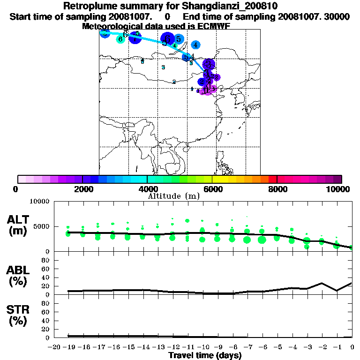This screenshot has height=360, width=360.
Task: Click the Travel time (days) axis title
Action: [205, 356]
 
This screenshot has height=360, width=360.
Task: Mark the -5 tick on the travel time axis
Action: [277, 347]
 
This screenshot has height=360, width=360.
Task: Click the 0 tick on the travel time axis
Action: [352, 347]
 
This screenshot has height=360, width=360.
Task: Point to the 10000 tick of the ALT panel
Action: [39, 202]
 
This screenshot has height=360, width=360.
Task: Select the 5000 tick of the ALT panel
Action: [41, 226]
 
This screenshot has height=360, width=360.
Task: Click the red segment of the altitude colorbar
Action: [272, 179]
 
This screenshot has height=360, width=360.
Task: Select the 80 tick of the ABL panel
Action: [46, 260]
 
